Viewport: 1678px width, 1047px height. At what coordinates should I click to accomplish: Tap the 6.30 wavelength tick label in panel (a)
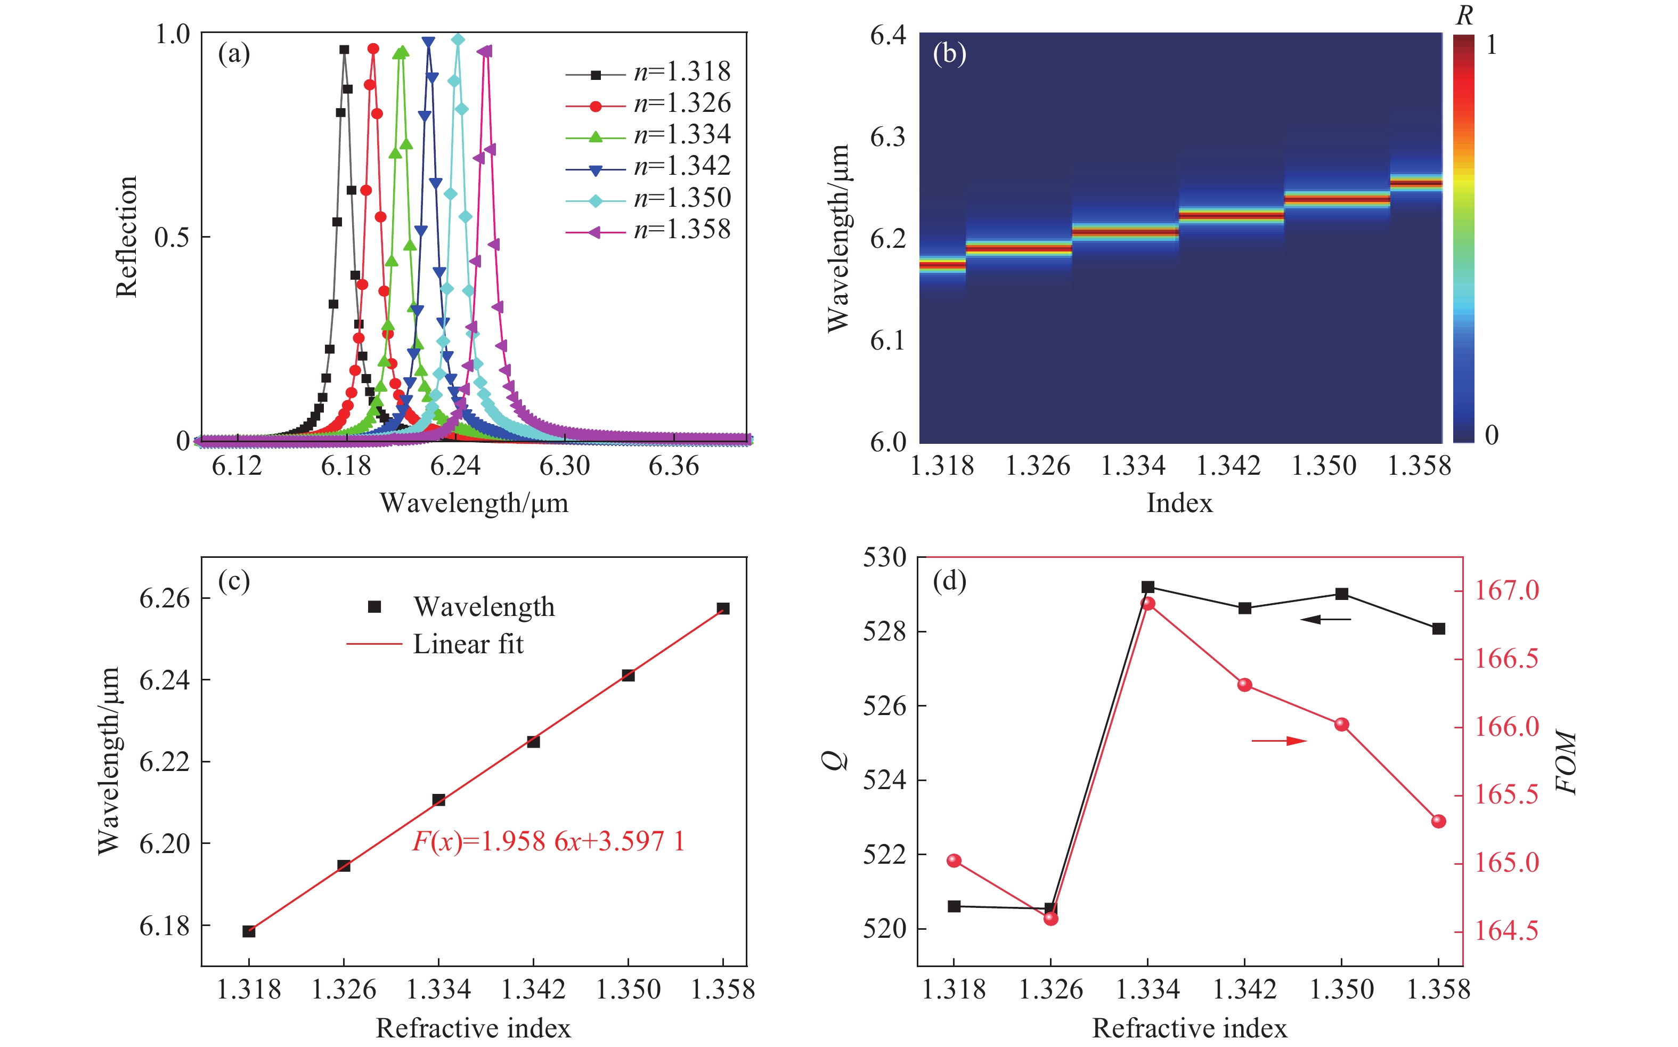click(x=564, y=466)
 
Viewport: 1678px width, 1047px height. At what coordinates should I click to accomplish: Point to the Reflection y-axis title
click(x=127, y=237)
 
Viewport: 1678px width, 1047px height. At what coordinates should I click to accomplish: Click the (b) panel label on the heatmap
click(x=949, y=53)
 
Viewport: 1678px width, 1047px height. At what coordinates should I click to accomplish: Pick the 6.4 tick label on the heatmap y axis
click(x=887, y=35)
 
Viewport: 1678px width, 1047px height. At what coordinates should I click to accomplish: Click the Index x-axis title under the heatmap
click(x=1179, y=503)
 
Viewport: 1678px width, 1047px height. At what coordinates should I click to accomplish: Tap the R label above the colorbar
click(x=1463, y=16)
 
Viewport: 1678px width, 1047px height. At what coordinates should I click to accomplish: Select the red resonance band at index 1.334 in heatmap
click(x=1125, y=232)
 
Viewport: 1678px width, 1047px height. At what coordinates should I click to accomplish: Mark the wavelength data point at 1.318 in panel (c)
click(x=249, y=931)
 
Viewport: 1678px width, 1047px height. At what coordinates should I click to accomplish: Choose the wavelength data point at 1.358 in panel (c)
click(x=723, y=608)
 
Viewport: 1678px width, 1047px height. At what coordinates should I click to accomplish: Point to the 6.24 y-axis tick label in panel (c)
click(x=164, y=680)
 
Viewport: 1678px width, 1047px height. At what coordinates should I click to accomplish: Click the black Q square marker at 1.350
click(x=1341, y=594)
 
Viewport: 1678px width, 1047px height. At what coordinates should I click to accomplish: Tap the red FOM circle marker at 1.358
click(x=1438, y=821)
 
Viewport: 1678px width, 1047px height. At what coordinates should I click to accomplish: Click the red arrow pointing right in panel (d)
click(x=1279, y=741)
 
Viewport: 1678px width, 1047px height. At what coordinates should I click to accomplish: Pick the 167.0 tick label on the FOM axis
click(x=1507, y=591)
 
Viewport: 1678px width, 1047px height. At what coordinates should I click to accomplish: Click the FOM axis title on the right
click(x=1565, y=762)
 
